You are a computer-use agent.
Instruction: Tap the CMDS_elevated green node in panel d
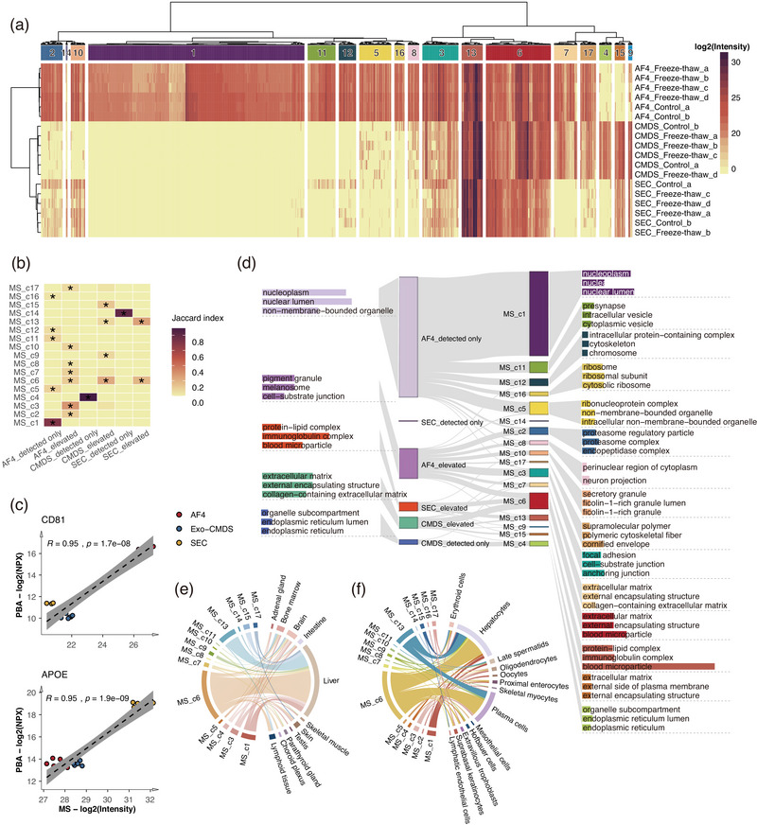tap(408, 523)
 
